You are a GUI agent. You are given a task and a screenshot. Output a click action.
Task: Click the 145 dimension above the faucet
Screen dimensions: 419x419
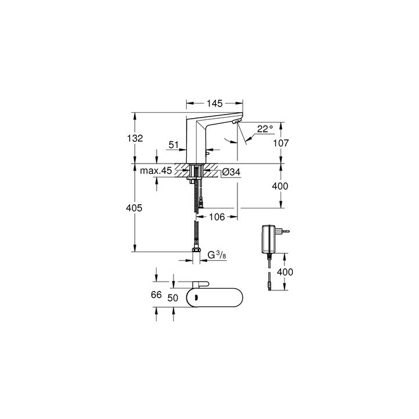[215, 104]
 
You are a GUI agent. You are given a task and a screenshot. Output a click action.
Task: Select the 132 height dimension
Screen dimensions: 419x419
[144, 138]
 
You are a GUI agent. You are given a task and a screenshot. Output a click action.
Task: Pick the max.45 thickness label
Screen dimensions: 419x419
[155, 172]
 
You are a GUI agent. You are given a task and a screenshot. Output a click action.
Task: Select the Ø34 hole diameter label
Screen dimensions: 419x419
[232, 172]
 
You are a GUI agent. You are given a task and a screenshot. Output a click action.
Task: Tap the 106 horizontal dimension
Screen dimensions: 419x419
[216, 216]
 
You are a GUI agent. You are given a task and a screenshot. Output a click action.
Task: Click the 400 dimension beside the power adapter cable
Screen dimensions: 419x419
[285, 272]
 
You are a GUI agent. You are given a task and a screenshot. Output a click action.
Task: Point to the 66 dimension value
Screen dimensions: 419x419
[156, 295]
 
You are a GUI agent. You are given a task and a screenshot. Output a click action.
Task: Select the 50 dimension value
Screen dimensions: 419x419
[172, 297]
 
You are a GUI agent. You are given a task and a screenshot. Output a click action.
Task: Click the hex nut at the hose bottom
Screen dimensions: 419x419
[195, 254]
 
